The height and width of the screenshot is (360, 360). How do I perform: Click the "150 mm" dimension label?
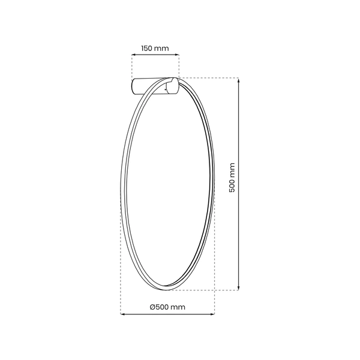tap(155, 47)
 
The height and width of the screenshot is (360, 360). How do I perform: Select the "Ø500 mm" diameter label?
tap(167, 307)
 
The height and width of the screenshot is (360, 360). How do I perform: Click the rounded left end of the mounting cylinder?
tap(134, 86)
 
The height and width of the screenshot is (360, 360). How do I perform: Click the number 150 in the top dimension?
tap(148, 47)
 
